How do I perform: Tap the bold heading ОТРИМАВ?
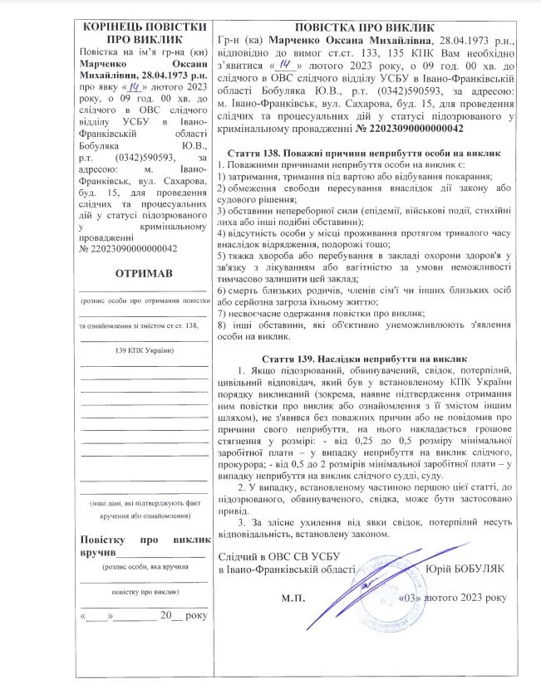pyautogui.click(x=144, y=274)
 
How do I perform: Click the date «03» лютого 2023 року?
pyautogui.click(x=452, y=596)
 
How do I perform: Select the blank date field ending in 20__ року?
pyautogui.click(x=144, y=616)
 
